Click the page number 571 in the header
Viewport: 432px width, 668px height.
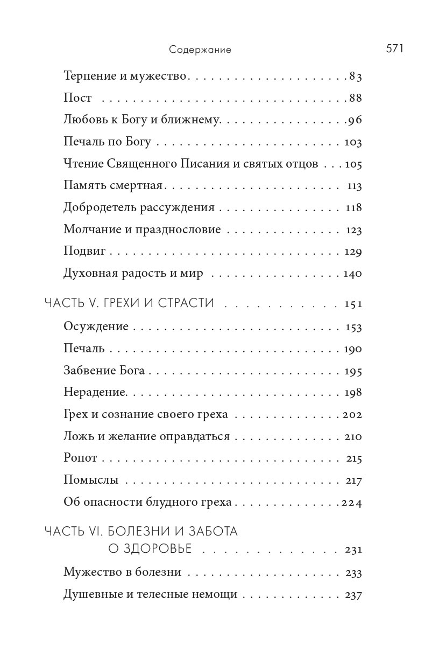coord(394,48)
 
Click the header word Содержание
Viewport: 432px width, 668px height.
coord(200,50)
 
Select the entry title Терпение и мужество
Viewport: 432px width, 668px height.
coord(125,76)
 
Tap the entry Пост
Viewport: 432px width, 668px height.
coord(77,98)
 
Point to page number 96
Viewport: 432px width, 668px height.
coord(355,120)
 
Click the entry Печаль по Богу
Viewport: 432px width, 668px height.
coord(107,142)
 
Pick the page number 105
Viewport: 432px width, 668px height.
coord(353,164)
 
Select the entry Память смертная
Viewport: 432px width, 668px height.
coord(113,186)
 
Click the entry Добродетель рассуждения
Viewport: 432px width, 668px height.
coord(139,207)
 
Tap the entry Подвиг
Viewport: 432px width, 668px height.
coord(84,252)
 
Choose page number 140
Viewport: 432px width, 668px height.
coord(352,274)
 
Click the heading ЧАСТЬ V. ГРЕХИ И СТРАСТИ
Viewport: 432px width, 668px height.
coord(129,303)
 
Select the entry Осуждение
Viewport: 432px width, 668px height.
coord(96,327)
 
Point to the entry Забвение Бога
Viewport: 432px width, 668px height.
coord(104,371)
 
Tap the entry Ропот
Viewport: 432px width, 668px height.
coord(80,458)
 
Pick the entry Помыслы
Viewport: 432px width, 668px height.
coord(91,481)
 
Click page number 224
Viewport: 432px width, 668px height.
coord(352,503)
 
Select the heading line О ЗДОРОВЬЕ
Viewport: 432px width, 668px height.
coord(150,549)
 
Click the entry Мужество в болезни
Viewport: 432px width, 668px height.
coord(122,573)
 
